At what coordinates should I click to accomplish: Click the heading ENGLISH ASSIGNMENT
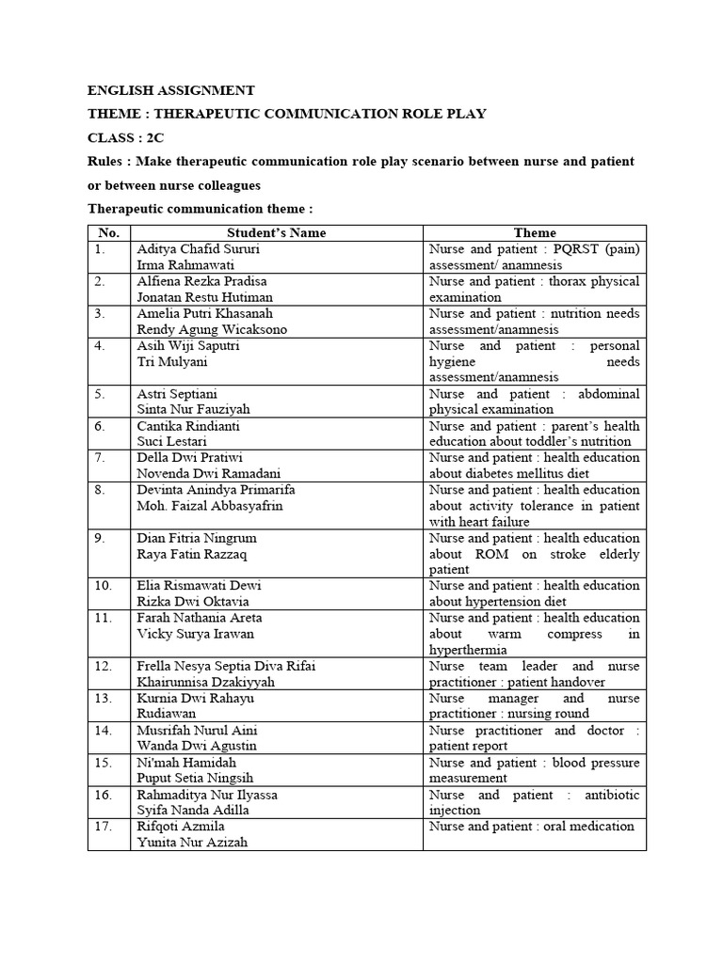tap(170, 90)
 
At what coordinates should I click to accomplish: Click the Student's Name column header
tap(276, 232)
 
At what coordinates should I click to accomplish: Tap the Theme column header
tap(534, 232)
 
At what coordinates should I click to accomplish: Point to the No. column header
tap(108, 232)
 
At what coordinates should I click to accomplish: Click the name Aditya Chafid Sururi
tap(199, 249)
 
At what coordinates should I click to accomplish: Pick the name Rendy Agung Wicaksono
tap(212, 329)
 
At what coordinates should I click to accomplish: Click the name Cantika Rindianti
tap(188, 426)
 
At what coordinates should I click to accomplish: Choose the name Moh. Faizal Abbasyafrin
tap(210, 505)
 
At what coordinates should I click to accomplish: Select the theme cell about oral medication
tap(531, 826)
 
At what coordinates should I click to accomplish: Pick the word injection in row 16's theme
tap(454, 810)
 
